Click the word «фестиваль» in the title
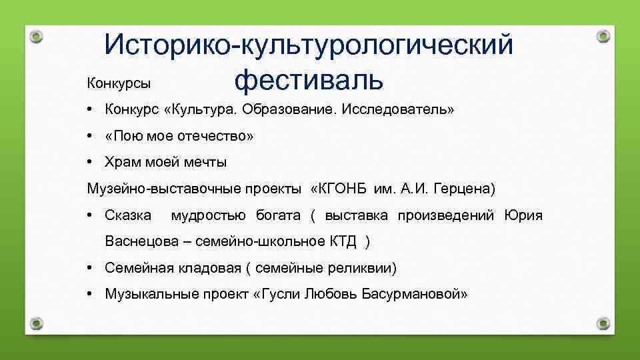[309, 80]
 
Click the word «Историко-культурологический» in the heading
[309, 45]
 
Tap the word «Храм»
[122, 162]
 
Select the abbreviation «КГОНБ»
[343, 189]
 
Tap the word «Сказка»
[128, 215]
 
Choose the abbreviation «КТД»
[343, 241]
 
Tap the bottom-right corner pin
[603, 323]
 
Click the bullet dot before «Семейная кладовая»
[89, 268]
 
